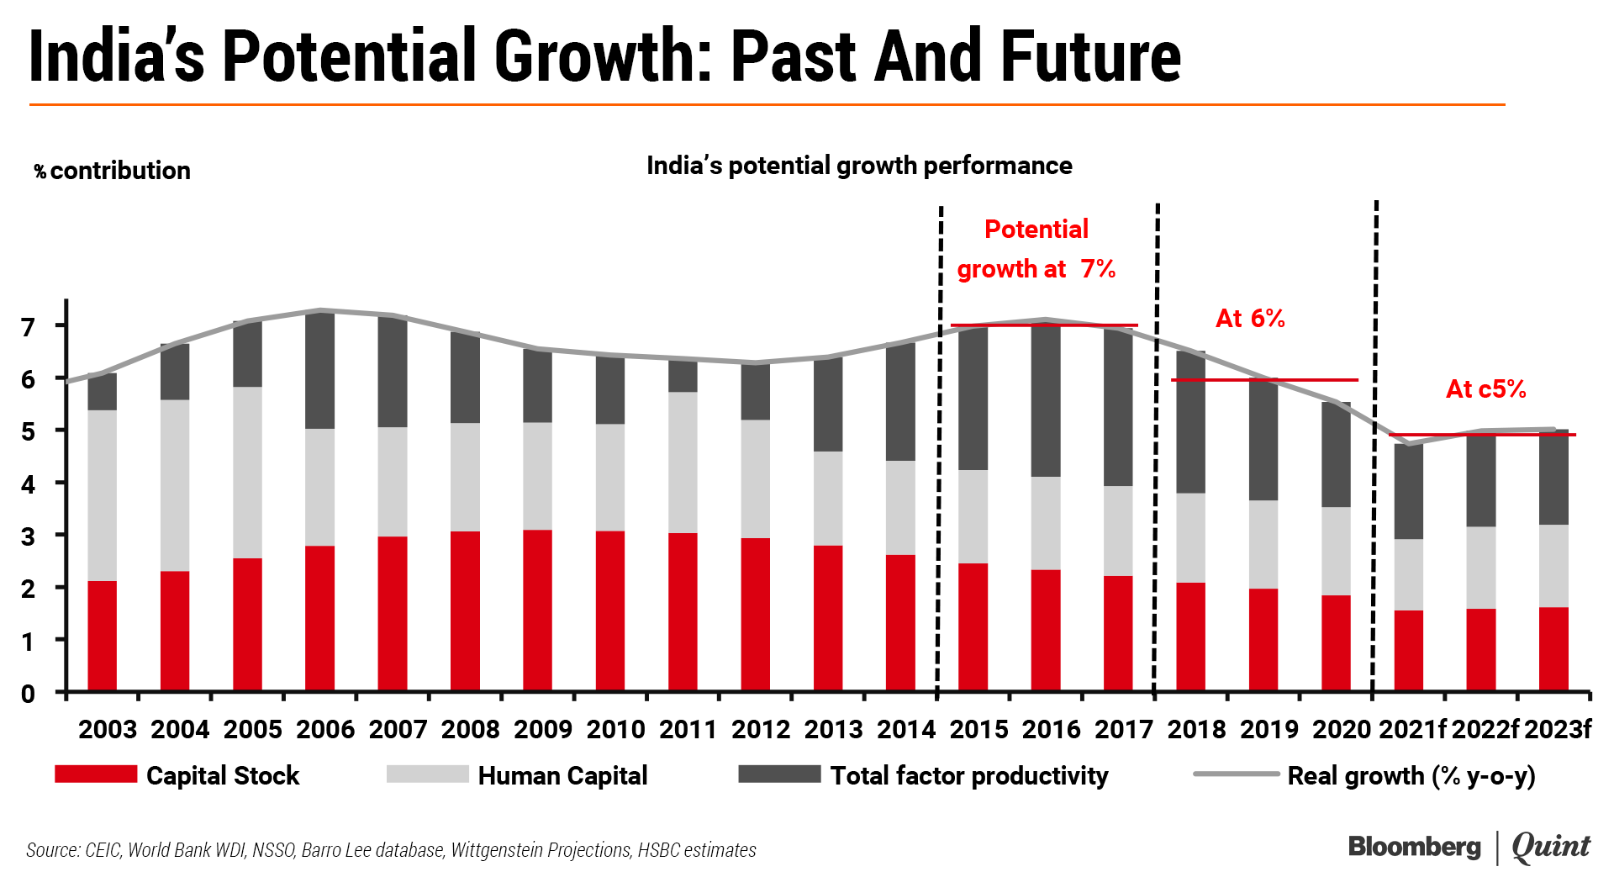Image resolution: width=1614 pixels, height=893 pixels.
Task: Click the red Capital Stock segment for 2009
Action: tap(538, 610)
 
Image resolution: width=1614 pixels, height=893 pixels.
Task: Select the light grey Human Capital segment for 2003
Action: tap(103, 495)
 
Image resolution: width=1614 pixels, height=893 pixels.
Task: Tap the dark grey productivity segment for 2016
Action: tap(1046, 399)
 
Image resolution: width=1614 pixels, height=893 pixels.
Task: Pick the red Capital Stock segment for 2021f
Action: tap(1409, 651)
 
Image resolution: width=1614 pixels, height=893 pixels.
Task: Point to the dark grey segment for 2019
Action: tap(1263, 440)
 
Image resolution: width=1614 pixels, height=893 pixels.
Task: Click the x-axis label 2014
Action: tap(906, 729)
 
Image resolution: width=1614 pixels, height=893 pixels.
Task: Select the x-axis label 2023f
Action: tap(1558, 729)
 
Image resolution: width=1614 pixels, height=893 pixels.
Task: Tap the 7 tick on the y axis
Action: tap(29, 327)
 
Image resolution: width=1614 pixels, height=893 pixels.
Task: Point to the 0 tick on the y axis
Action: tap(29, 694)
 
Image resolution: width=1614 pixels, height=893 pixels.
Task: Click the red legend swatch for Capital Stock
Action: tap(96, 774)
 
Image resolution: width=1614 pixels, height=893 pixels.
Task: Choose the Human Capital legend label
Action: tap(562, 775)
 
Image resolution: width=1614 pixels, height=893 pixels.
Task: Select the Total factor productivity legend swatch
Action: tap(779, 774)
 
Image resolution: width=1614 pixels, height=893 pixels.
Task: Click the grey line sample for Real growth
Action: tap(1236, 774)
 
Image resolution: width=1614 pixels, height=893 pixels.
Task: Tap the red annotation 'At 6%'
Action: tap(1250, 318)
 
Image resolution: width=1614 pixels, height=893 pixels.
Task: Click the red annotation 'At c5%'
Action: tap(1485, 388)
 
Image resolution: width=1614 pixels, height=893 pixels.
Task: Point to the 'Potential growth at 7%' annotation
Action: tap(1036, 249)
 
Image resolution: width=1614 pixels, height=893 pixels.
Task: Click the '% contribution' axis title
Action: tap(112, 171)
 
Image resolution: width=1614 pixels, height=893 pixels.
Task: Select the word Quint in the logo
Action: tap(1551, 847)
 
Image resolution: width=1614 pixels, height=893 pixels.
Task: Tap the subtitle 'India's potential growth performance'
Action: tap(859, 166)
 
